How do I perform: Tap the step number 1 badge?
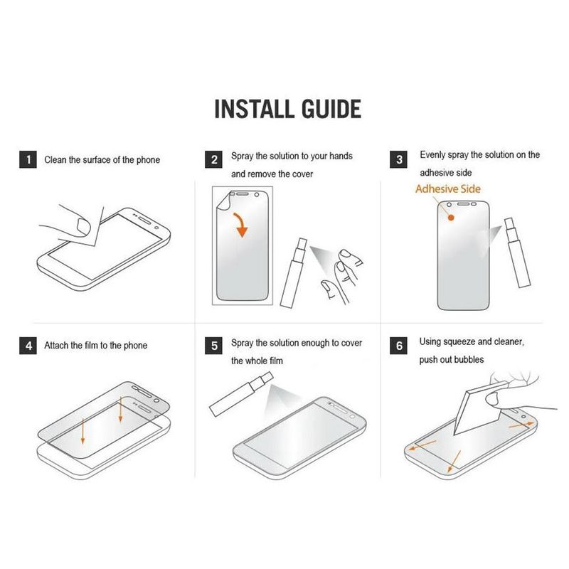pyautogui.click(x=28, y=160)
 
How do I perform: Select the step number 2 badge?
pyautogui.click(x=215, y=160)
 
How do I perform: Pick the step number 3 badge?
pyautogui.click(x=400, y=160)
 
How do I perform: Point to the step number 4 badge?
pyautogui.click(x=28, y=346)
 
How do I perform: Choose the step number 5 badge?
pyautogui.click(x=215, y=346)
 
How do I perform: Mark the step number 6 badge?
pyautogui.click(x=400, y=346)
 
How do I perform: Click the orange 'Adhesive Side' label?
pyautogui.click(x=447, y=189)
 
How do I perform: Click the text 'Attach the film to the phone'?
pyautogui.click(x=96, y=346)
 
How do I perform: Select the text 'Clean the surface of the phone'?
pyautogui.click(x=102, y=160)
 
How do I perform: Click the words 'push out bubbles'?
pyautogui.click(x=452, y=360)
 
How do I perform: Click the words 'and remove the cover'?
pyautogui.click(x=272, y=174)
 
